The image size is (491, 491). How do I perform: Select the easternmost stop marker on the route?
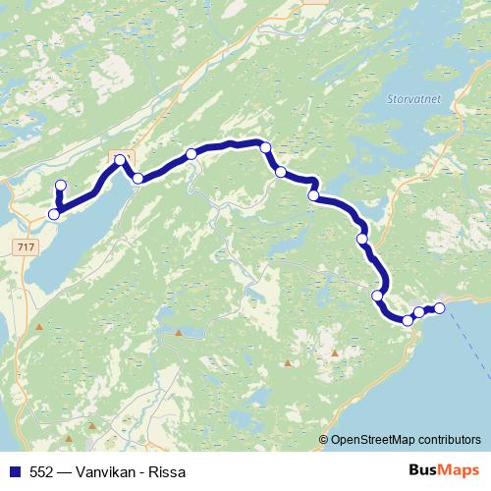(x=439, y=309)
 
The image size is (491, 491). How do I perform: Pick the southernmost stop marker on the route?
(x=408, y=320)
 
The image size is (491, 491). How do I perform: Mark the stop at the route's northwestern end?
(x=61, y=186)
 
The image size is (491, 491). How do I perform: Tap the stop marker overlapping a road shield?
(x=121, y=159)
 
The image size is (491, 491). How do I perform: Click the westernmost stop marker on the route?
(x=53, y=214)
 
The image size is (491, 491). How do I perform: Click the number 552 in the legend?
(x=42, y=472)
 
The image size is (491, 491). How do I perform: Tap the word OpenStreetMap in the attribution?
(x=370, y=440)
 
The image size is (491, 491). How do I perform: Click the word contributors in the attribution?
(x=447, y=440)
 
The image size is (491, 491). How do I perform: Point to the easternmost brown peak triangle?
(x=335, y=353)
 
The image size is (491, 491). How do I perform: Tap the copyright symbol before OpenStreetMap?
(x=323, y=440)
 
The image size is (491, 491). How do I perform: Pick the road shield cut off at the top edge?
(x=316, y=3)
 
